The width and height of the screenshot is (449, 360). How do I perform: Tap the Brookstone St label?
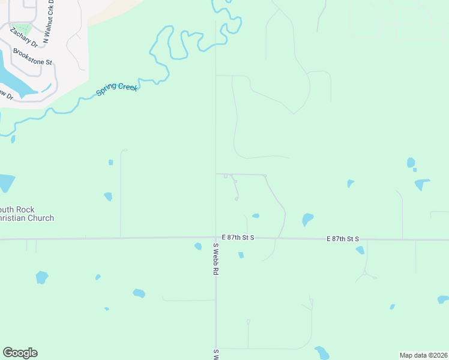point(34,57)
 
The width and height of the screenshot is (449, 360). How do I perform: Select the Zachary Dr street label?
point(23,37)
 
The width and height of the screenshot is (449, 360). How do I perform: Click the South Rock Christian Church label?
point(26,214)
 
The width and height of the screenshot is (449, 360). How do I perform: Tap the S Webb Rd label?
point(214,259)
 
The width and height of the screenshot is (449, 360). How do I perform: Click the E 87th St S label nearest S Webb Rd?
point(238,238)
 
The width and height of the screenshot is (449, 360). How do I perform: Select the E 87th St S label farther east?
point(343,239)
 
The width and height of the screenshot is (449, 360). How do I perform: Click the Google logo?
point(20,353)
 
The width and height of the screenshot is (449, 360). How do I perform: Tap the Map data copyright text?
point(424,355)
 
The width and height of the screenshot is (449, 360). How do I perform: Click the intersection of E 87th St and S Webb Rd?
point(216,238)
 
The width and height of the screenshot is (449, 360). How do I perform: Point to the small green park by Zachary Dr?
point(20,28)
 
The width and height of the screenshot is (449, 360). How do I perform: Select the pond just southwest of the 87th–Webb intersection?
point(198,246)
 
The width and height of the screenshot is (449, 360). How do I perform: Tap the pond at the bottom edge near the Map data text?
point(322,353)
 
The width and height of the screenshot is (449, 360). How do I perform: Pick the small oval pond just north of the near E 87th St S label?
point(256,216)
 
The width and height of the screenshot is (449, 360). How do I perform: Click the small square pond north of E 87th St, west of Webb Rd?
point(110,163)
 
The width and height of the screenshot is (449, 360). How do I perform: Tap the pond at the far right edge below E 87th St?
point(443,299)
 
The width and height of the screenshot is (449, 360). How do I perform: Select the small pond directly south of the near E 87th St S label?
point(241,255)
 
